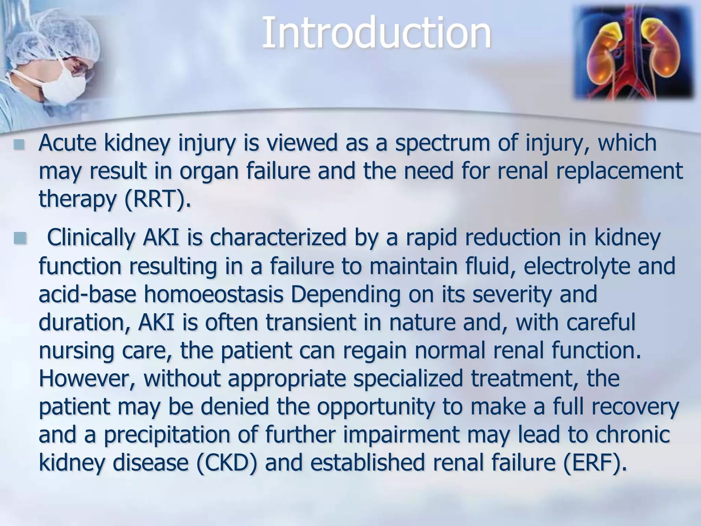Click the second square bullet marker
pos(20,238)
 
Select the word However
pos(87,378)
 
